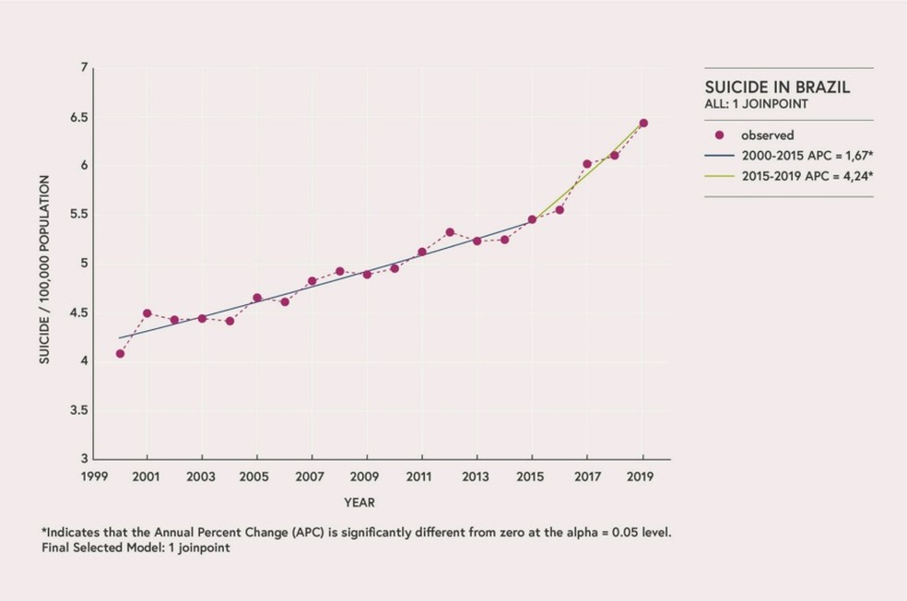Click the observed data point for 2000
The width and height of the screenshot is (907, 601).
(120, 354)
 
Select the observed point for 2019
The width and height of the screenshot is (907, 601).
(643, 124)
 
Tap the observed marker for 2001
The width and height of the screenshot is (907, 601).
(147, 313)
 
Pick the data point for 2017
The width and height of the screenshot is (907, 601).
(587, 164)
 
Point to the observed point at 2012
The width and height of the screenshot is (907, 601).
(450, 232)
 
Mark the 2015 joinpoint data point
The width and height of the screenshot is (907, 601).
(532, 219)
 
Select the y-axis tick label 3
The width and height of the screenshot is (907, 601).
(84, 459)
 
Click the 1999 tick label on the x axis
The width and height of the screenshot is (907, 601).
(92, 477)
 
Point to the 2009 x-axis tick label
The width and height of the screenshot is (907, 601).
(367, 477)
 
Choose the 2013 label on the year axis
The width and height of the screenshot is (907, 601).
(477, 477)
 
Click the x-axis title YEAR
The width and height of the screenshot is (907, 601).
(359, 502)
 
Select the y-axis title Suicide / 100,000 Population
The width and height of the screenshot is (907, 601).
(43, 268)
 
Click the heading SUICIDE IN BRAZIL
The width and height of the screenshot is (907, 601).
(777, 88)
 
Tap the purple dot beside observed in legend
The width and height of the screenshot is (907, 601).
(720, 135)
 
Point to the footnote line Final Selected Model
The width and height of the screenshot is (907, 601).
(135, 548)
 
